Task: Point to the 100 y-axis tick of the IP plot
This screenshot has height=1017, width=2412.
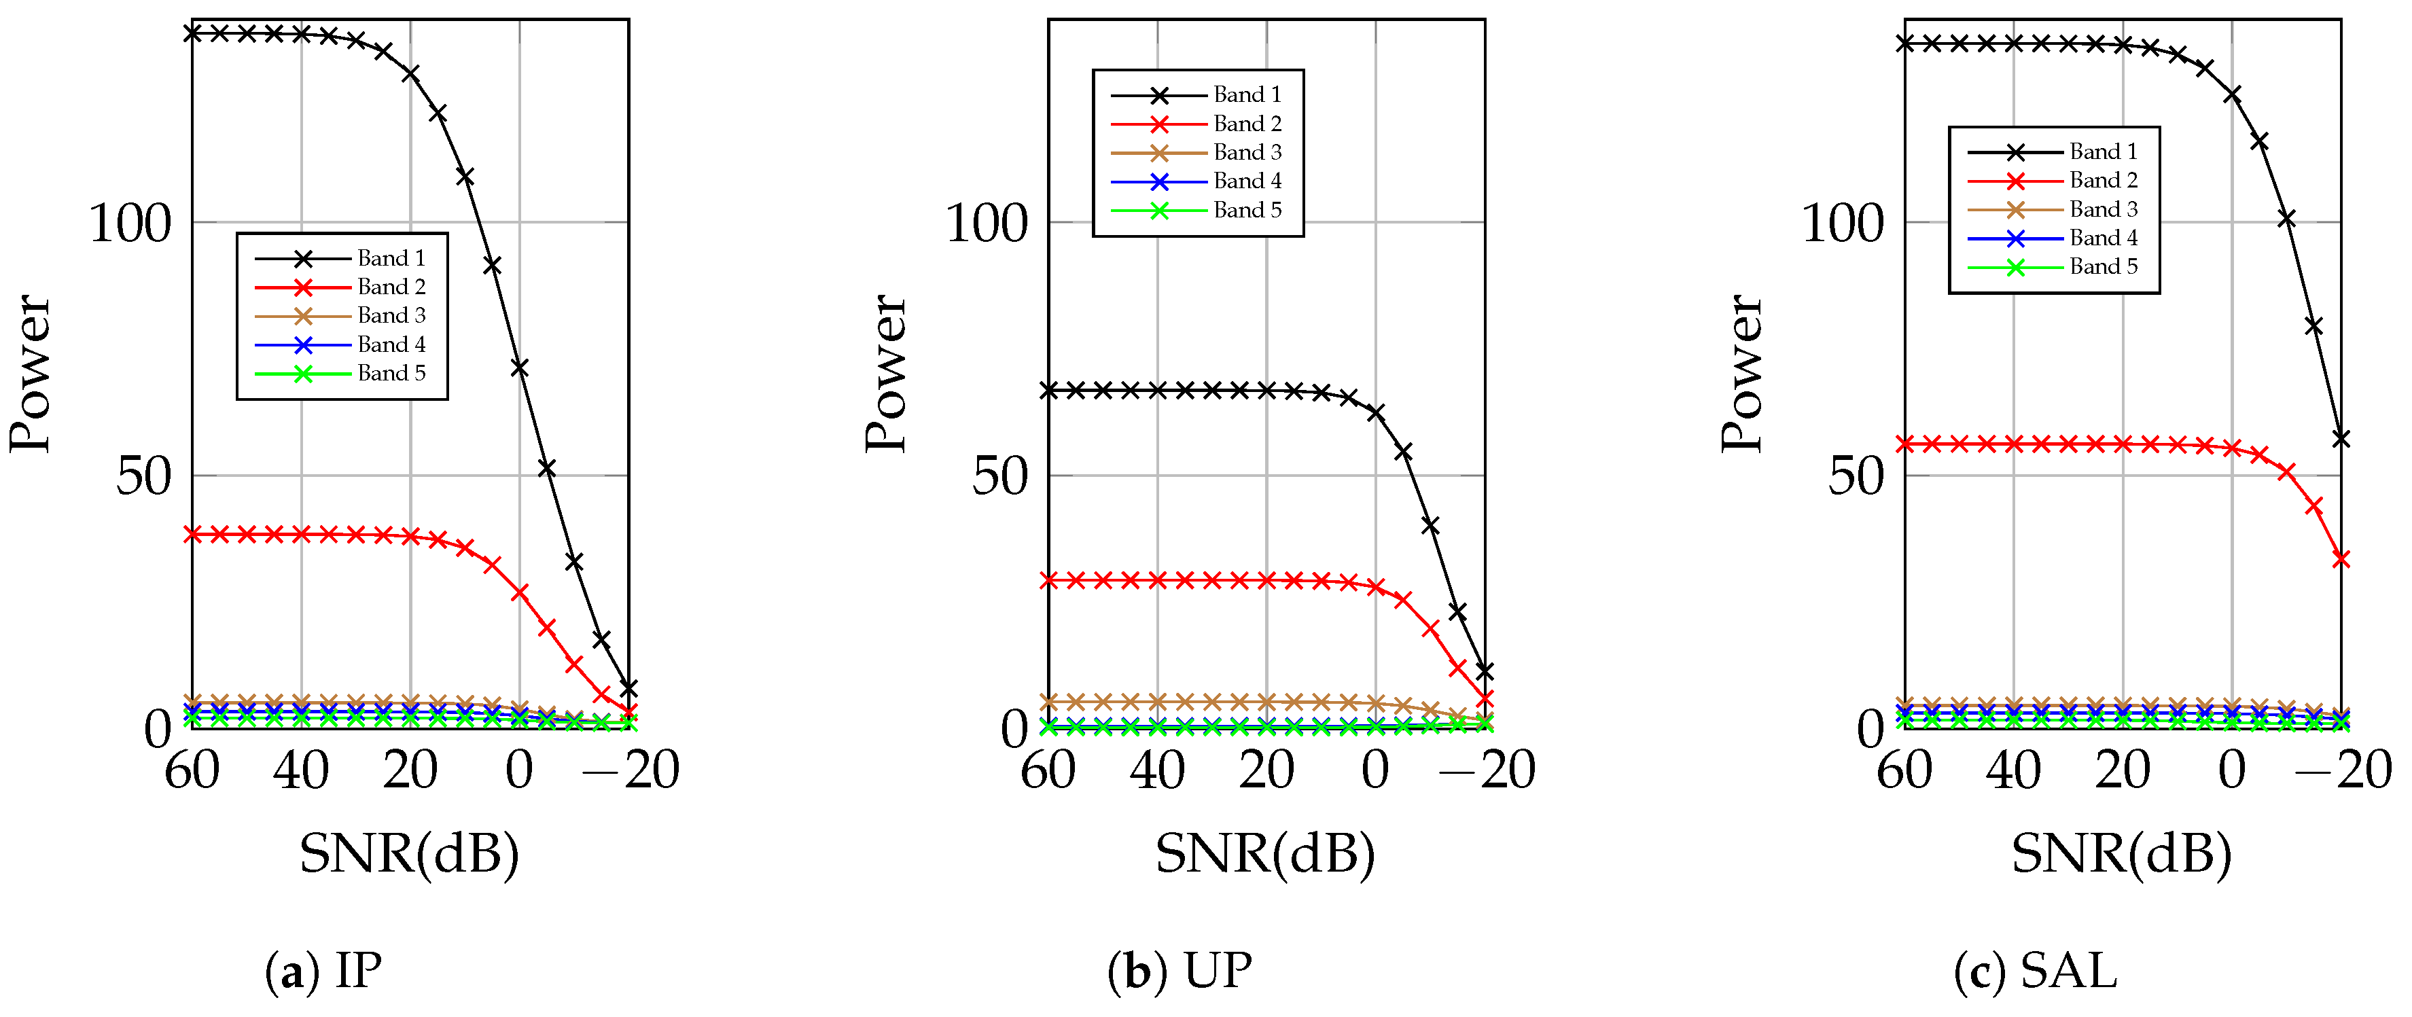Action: click(130, 224)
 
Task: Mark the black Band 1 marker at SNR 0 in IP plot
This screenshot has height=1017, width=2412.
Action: click(520, 368)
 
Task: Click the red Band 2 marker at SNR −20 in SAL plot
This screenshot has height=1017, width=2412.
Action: click(2341, 559)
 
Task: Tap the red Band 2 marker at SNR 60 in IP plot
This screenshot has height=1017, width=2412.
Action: click(193, 534)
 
